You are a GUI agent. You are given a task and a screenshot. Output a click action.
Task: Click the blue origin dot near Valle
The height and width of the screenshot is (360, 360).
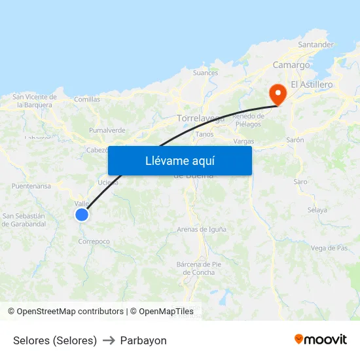coord(82,214)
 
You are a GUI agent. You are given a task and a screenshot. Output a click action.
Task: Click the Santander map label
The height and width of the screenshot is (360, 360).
coord(315,45)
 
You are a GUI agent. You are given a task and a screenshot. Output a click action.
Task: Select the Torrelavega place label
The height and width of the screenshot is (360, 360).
coord(201,119)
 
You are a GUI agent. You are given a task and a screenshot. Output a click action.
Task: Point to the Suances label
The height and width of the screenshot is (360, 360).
coord(206,73)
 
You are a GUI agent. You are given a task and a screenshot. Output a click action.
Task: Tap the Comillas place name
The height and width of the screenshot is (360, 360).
coord(87,99)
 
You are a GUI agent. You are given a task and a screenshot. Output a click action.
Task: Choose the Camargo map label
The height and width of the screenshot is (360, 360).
coord(291,65)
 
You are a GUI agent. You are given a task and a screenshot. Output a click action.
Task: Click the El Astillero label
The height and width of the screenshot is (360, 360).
coord(312,84)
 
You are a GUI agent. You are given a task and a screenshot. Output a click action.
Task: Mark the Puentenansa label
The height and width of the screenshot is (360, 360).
coord(31,186)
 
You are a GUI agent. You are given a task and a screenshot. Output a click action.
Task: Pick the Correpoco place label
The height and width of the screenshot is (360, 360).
coord(94,242)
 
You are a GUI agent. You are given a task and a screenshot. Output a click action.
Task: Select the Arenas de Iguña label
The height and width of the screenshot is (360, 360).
coord(202,229)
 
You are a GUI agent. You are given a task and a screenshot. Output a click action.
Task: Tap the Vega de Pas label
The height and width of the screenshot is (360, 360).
coord(329,248)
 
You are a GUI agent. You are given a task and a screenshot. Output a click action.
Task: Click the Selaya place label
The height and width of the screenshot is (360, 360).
coord(317,210)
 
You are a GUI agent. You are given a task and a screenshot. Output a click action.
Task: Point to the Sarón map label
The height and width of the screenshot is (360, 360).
coord(295,140)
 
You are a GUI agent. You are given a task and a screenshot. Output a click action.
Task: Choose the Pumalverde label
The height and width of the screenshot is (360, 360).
coord(107,130)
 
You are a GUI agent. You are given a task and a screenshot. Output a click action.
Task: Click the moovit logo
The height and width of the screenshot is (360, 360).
coord(321,340)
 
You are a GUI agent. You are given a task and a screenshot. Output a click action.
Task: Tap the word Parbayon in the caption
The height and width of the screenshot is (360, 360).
coord(143,340)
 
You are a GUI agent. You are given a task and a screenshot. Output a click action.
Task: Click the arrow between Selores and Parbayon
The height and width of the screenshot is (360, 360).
coord(109,340)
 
